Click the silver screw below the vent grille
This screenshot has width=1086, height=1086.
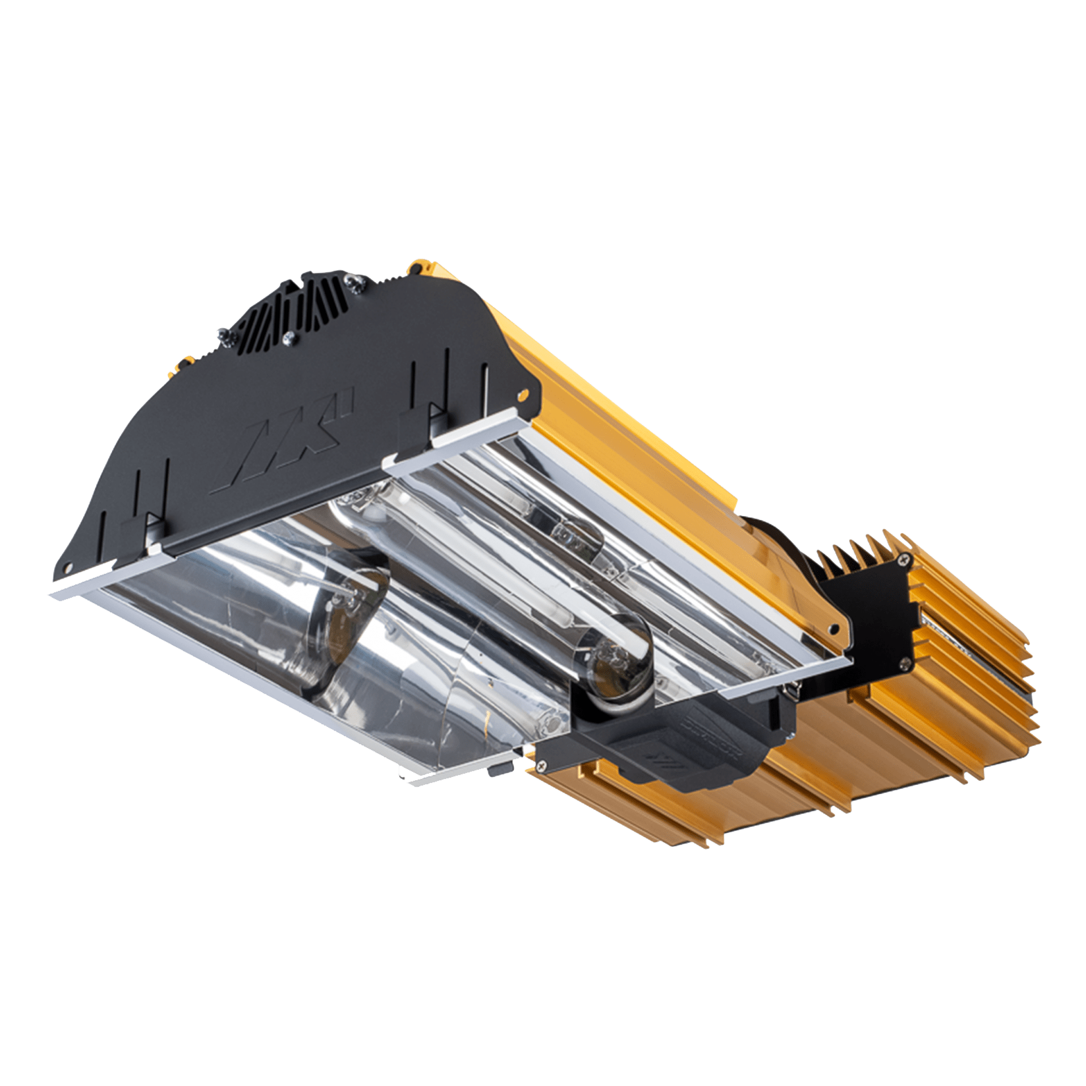point(288,339)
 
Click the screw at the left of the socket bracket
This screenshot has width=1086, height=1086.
point(542,764)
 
